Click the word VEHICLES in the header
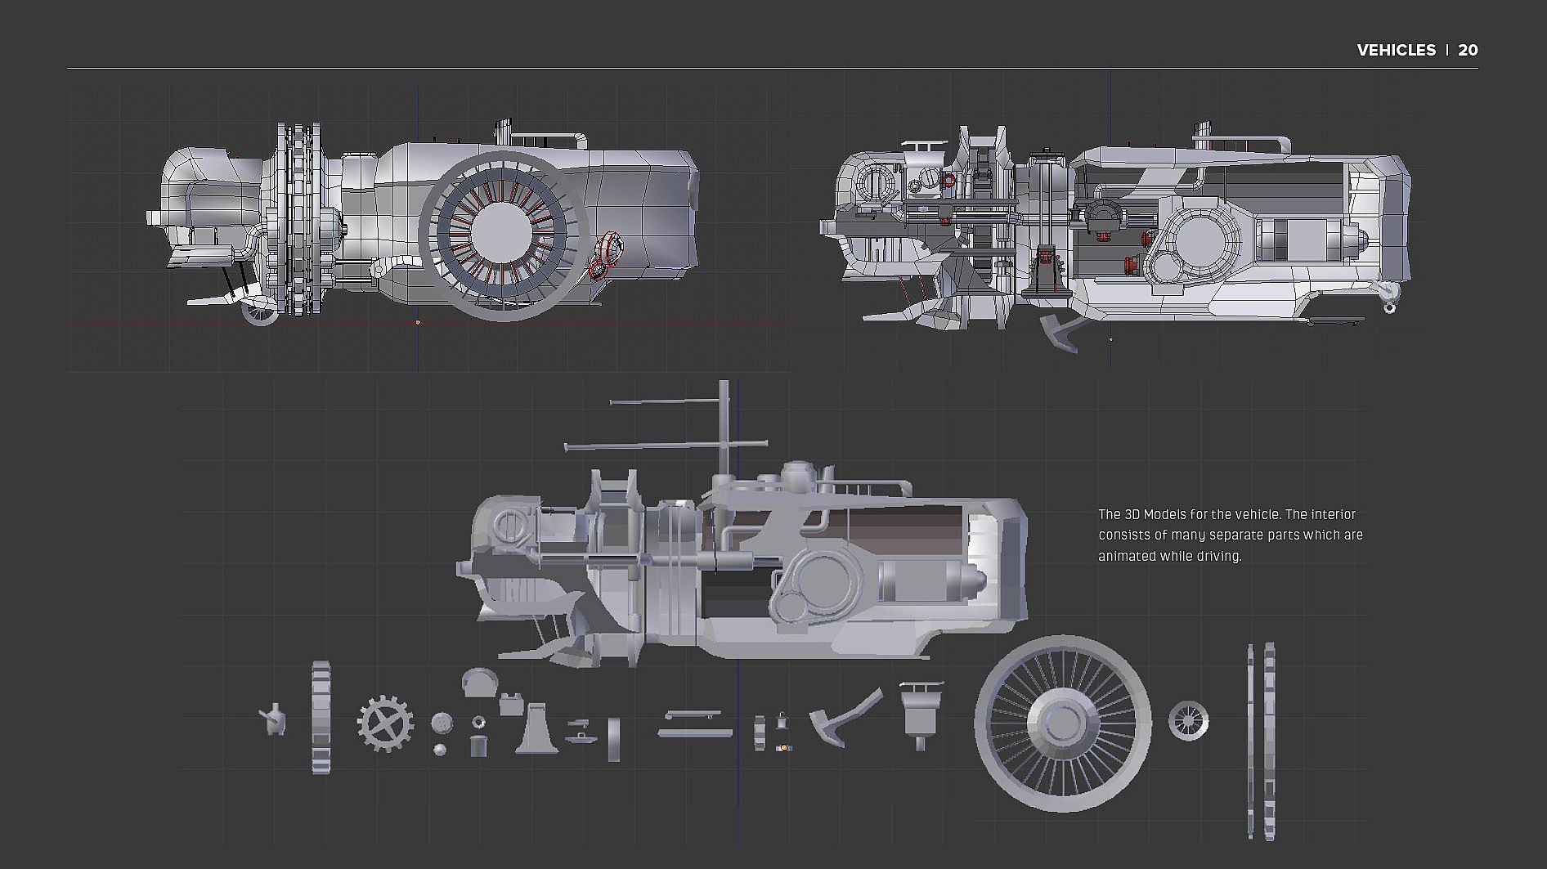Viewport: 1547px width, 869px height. [1396, 50]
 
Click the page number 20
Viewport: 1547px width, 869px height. [1468, 50]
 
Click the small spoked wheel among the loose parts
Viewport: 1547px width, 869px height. [1188, 721]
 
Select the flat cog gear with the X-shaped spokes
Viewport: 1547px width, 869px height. [385, 723]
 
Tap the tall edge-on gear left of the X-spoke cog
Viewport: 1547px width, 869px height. [321, 718]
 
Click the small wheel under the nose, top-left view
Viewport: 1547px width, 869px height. [260, 311]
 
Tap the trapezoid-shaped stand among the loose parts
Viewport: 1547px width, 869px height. [536, 729]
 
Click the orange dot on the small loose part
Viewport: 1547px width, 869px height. [784, 747]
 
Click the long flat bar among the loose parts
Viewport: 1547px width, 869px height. [694, 732]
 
